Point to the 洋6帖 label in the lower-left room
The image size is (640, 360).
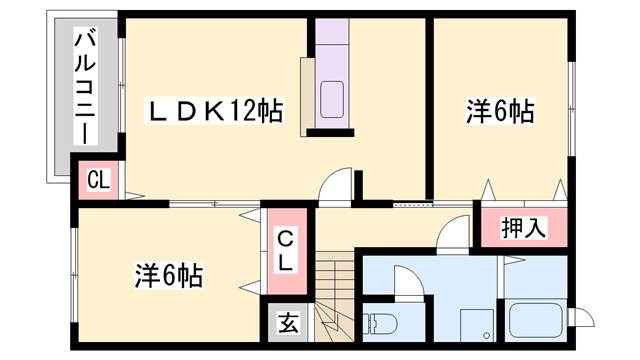[x=168, y=274]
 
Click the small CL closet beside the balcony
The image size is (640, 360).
[x=98, y=181]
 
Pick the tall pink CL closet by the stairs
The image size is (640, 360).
[x=284, y=251]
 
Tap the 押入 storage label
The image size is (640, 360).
[x=521, y=227]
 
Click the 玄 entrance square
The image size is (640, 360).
[x=288, y=323]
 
